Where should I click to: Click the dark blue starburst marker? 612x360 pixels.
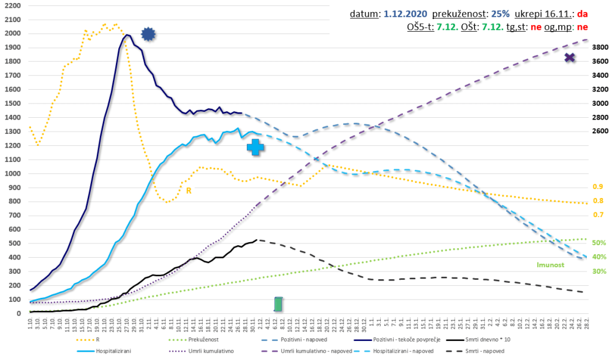pos(148,35)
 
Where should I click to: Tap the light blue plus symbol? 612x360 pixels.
pos(256,147)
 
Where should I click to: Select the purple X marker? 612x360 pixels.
pos(570,57)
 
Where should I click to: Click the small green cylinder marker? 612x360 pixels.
pos(278,304)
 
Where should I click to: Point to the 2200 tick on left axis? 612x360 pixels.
pos(11,5)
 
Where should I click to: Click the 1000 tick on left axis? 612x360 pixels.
pos(11,173)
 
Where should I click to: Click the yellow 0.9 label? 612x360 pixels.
pos(597,187)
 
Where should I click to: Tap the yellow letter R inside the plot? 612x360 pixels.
pos(188,191)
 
